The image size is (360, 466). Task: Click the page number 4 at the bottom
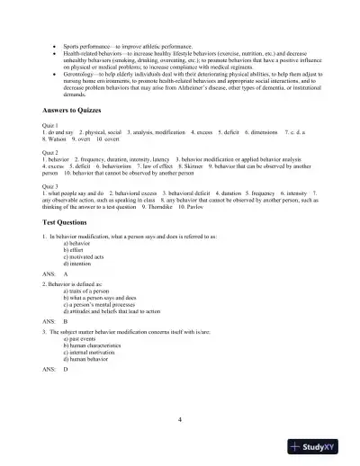click(x=180, y=418)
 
